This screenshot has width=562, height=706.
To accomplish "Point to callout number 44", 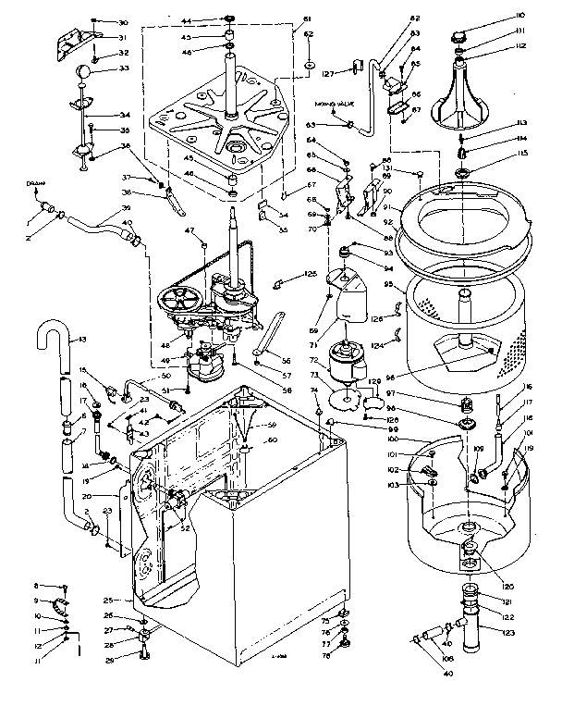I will (x=185, y=19).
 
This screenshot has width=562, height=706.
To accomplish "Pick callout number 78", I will (x=326, y=654).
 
